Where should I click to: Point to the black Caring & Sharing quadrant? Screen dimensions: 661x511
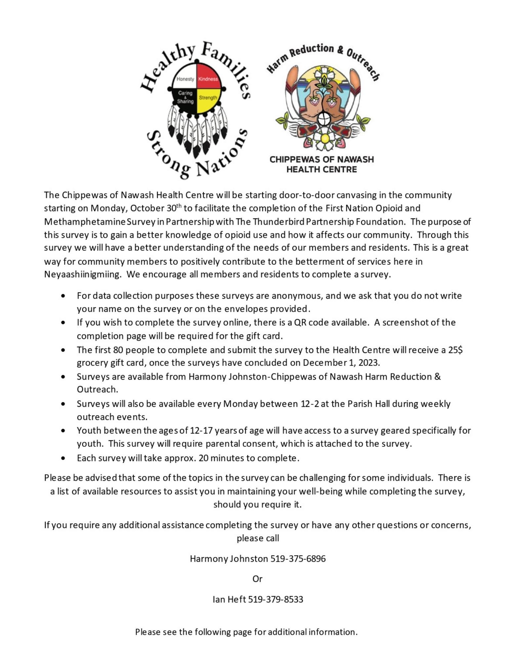coord(185,98)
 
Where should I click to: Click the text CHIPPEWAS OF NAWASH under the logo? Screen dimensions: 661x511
coord(321,159)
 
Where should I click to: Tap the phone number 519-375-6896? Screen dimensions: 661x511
coord(298,559)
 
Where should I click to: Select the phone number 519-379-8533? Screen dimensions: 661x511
coord(276,599)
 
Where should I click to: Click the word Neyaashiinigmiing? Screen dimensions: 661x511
coord(82,274)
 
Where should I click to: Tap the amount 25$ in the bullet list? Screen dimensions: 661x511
coord(455,350)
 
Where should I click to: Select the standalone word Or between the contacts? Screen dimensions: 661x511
coord(257,579)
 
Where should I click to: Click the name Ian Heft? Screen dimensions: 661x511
coord(229,599)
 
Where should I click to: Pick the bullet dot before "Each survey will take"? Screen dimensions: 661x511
coord(63,458)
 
